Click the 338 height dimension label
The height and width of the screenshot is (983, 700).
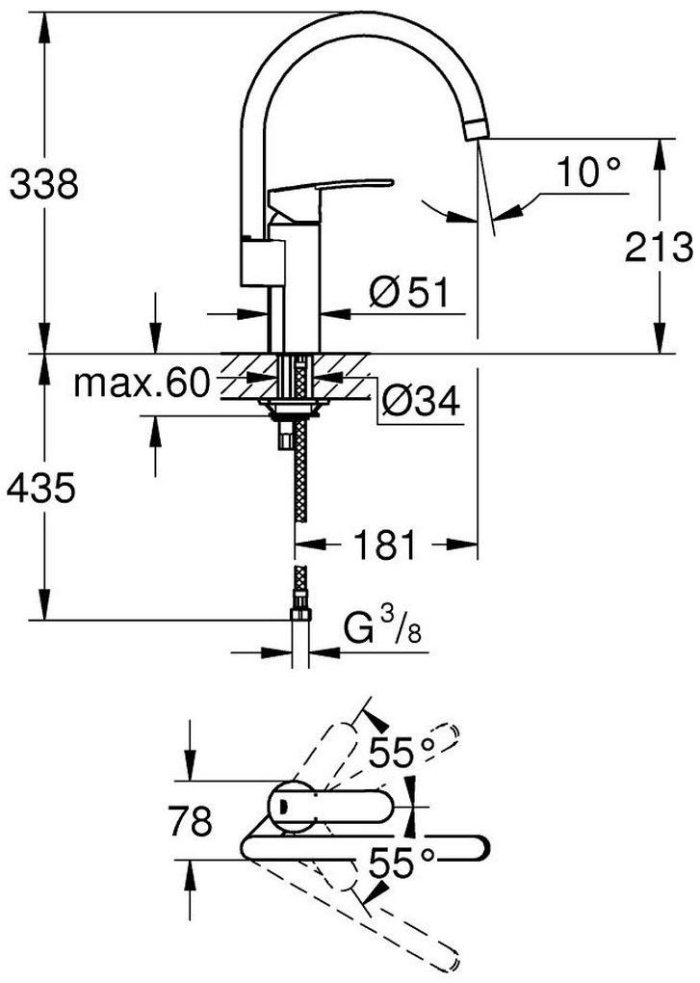44,185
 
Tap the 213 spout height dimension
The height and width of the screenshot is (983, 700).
660,247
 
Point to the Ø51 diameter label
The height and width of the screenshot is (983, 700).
409,293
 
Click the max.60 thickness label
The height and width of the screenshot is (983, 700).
142,383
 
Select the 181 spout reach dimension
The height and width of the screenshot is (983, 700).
384,545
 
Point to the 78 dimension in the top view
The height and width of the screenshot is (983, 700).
191,820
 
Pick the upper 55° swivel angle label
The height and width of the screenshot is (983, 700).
402,753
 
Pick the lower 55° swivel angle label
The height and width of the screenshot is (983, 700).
402,863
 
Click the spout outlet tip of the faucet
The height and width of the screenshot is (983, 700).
477,129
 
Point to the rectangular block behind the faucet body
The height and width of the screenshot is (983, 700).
262,262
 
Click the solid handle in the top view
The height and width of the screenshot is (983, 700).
332,807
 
